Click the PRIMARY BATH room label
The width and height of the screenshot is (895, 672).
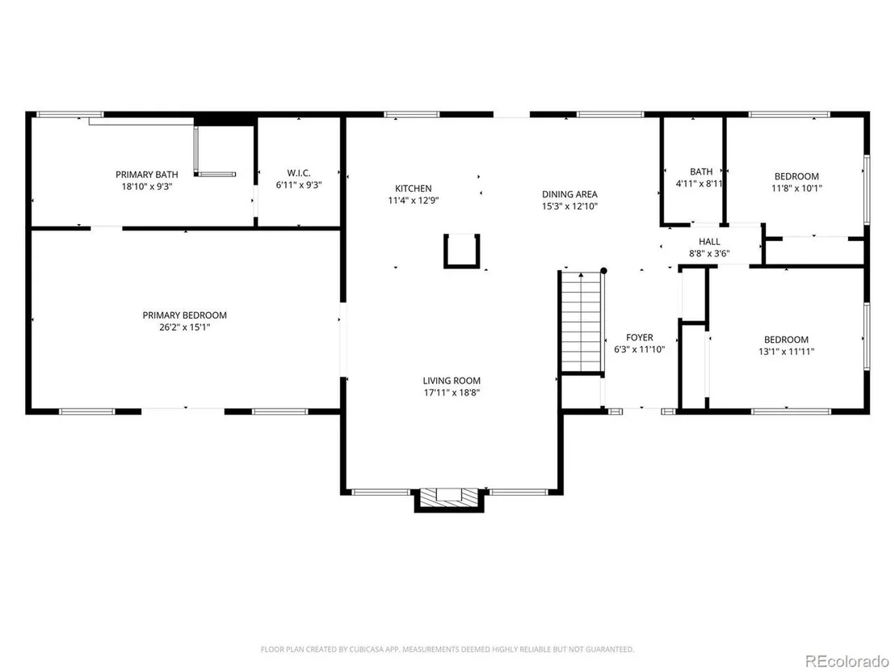[x=147, y=175]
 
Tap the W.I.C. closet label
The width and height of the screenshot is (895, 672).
[x=299, y=172]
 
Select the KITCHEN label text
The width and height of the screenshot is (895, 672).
[x=414, y=188]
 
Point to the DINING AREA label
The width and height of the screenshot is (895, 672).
[x=569, y=194]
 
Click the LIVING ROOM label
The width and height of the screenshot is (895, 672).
[x=452, y=381]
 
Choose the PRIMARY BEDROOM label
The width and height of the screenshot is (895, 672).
[x=184, y=315]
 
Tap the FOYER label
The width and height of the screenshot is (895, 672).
[x=639, y=337]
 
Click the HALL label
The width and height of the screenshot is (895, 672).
[x=709, y=242]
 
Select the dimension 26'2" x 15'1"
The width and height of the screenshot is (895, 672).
[x=185, y=328]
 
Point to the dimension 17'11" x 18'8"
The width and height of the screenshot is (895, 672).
[x=452, y=392]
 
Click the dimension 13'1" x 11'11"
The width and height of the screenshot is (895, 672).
[x=786, y=352]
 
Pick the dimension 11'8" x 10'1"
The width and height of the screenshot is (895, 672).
[x=796, y=188]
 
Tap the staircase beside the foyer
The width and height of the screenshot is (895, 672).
[x=582, y=323]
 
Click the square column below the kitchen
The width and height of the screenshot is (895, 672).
[x=462, y=251]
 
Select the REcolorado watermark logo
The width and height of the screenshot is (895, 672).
[x=847, y=661]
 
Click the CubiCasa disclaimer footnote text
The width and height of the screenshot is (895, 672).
[x=447, y=649]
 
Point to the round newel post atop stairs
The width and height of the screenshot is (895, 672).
[x=603, y=271]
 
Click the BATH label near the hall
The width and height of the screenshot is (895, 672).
[x=701, y=171]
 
